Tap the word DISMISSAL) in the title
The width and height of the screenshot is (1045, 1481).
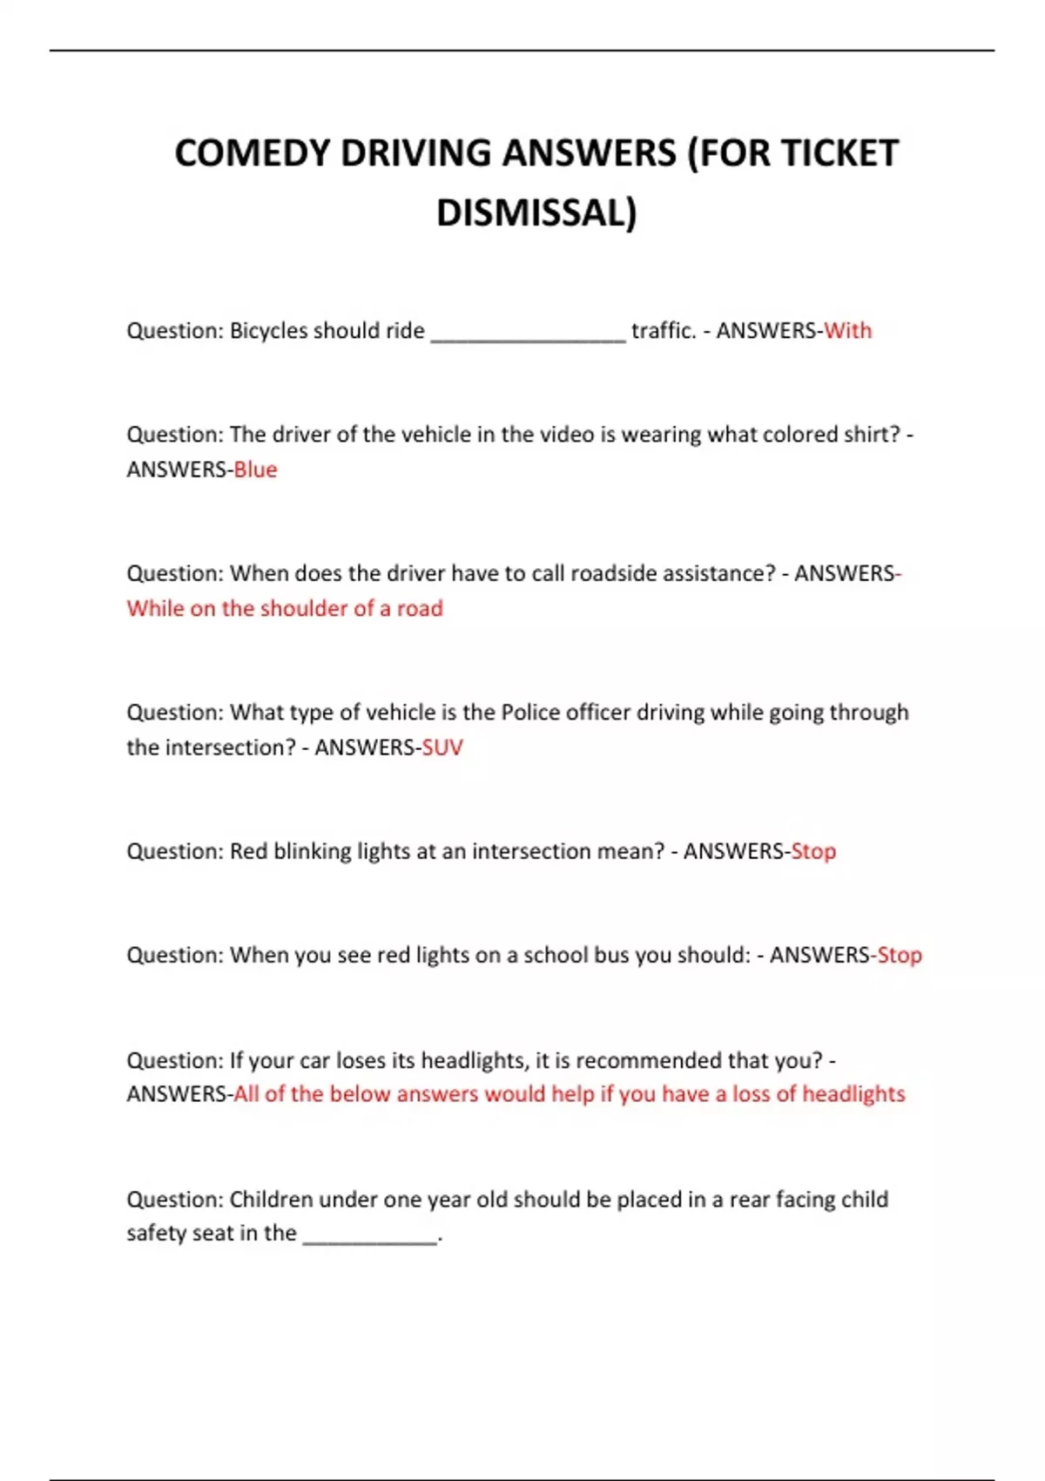[x=536, y=213]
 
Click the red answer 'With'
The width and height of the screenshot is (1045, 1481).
[x=847, y=331]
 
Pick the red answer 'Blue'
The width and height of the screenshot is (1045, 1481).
[x=255, y=470]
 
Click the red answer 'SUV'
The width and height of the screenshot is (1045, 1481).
[x=442, y=747]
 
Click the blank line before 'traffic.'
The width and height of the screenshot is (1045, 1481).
[x=528, y=335]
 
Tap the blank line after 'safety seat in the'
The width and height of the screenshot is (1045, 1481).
[x=369, y=1237]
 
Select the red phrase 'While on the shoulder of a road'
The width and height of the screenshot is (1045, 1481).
[x=285, y=608]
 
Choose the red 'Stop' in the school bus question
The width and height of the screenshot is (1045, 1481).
[x=899, y=956]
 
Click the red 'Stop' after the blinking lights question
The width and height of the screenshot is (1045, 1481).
[x=813, y=851]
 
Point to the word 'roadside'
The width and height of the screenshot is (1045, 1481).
[x=614, y=573]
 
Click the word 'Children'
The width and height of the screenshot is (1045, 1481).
[x=271, y=1200]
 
